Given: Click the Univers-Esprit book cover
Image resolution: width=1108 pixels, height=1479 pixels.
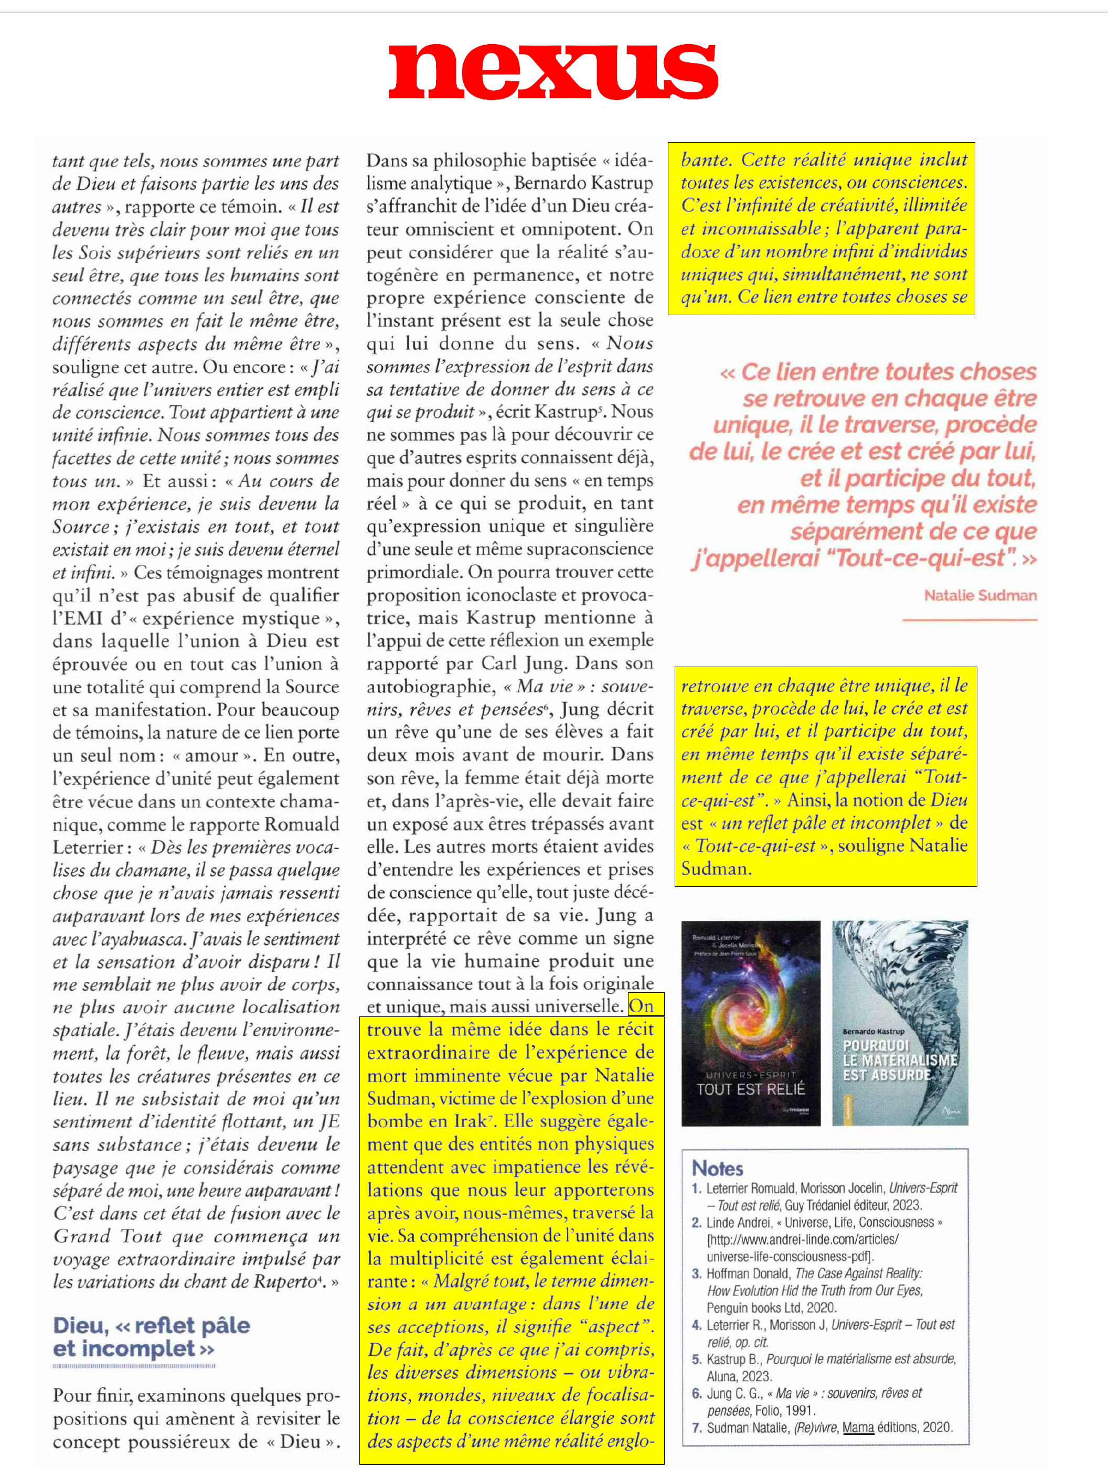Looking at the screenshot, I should tap(750, 1024).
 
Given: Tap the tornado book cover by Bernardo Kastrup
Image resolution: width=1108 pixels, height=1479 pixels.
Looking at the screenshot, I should tap(900, 1023).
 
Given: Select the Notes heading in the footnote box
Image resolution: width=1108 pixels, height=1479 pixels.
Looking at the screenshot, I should tap(718, 1168).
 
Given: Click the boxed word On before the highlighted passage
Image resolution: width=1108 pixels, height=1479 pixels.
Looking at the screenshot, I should tap(641, 1005).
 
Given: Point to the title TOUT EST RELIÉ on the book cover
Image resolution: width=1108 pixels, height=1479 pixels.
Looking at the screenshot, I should tap(750, 1089).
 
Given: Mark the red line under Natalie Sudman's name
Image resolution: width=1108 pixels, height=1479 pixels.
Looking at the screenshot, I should tap(970, 620).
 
